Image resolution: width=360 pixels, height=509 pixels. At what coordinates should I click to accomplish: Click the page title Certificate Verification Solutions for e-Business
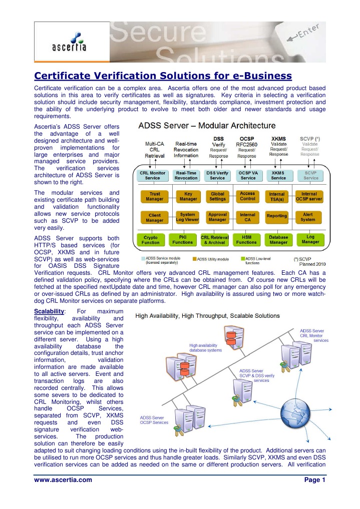click(x=163, y=76)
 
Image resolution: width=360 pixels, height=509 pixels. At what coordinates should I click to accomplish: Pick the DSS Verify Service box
click(x=217, y=175)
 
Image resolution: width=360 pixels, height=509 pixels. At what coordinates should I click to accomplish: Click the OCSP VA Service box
click(x=247, y=175)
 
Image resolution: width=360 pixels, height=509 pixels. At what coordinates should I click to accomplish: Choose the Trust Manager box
click(x=151, y=196)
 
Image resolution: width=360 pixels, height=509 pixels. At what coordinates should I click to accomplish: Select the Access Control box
click(x=247, y=196)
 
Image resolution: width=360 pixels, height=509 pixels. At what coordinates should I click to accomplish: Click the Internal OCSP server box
click(x=309, y=196)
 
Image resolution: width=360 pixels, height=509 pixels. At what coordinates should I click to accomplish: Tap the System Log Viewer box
click(x=187, y=217)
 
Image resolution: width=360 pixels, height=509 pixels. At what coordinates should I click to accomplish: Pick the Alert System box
click(x=309, y=217)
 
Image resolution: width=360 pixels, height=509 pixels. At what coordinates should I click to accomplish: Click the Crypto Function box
click(x=150, y=240)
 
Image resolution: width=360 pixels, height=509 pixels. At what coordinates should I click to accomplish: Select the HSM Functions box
click(x=247, y=240)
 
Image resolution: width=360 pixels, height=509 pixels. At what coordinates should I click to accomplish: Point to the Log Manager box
click(x=310, y=240)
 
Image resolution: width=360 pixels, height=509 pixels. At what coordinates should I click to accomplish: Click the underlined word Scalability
click(x=49, y=311)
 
